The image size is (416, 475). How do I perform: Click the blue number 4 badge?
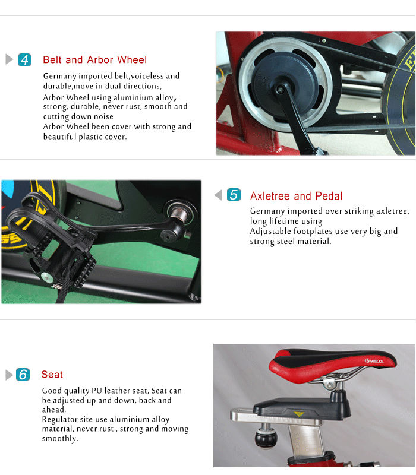(x=25, y=60)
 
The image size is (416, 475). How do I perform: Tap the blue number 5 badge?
(x=234, y=195)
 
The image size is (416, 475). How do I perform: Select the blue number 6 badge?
(x=23, y=375)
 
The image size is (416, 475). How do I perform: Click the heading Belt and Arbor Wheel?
(x=94, y=60)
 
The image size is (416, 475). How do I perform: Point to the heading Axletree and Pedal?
(x=296, y=196)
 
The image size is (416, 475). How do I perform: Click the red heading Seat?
(x=52, y=375)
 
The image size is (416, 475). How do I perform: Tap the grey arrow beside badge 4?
(x=9, y=60)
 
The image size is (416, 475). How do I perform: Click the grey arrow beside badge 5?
(x=218, y=195)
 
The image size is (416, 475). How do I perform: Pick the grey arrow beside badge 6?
(x=9, y=375)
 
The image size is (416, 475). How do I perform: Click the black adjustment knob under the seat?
(x=266, y=439)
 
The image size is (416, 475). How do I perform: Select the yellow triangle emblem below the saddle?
(x=299, y=413)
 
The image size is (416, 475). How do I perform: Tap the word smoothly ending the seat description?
(x=59, y=438)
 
